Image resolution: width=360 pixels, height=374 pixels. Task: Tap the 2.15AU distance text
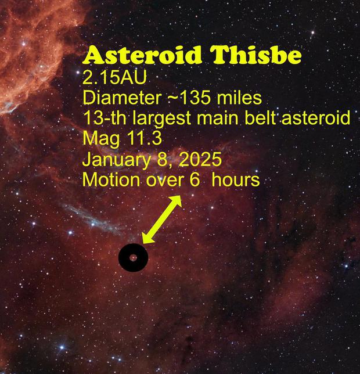(114, 77)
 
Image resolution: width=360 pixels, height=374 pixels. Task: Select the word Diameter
(122, 98)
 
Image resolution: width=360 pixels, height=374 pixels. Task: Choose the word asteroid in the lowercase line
(316, 118)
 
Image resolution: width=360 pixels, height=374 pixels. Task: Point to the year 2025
(200, 159)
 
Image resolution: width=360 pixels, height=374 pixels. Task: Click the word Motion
(111, 179)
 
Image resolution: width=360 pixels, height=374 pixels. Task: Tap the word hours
(236, 179)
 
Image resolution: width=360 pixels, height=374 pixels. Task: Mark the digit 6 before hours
(195, 179)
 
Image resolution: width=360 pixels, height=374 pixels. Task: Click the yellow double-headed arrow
(162, 220)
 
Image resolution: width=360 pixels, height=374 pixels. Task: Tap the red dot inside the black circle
(134, 258)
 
